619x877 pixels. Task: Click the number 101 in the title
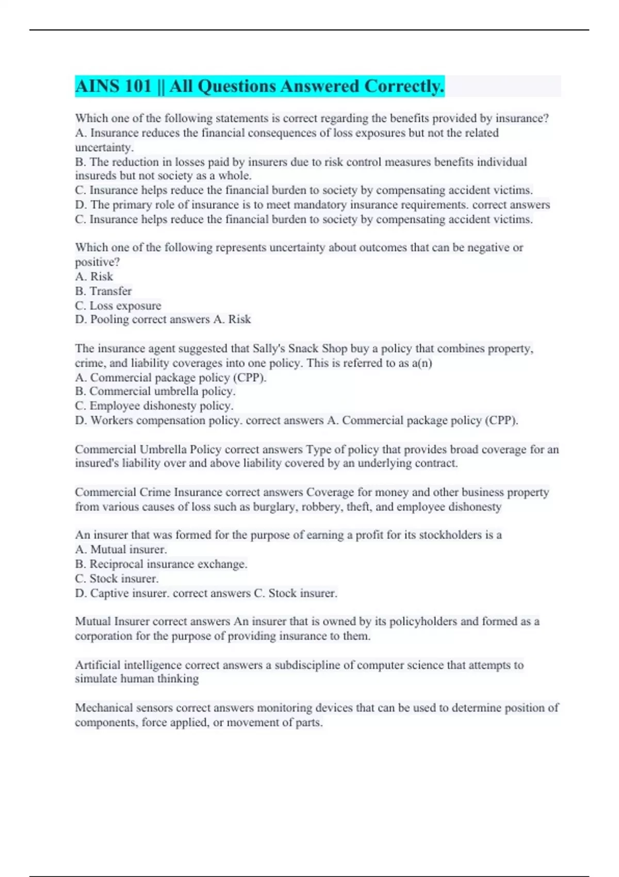coord(138,86)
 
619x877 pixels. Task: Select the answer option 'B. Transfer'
coord(103,291)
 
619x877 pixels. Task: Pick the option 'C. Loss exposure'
coord(118,305)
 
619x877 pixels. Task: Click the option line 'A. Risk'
coord(94,277)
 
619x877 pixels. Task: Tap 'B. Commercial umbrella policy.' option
coord(155,392)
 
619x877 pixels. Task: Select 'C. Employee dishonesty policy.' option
coord(154,406)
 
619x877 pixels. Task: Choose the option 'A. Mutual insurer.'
coord(121,549)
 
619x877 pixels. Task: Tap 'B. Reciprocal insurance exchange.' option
coord(161,564)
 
